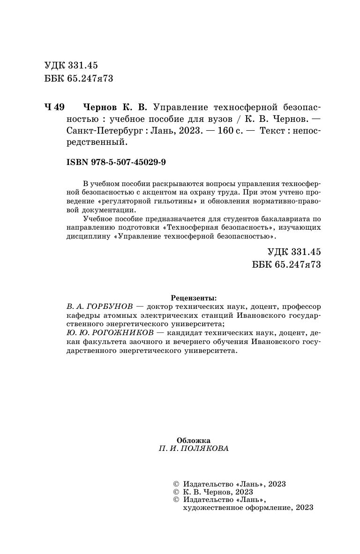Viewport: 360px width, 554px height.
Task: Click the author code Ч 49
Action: coord(54,107)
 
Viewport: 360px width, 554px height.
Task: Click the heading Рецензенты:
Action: coord(194,298)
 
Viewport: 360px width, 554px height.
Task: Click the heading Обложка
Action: coord(194,440)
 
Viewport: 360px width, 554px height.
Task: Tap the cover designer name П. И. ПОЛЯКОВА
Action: coord(194,449)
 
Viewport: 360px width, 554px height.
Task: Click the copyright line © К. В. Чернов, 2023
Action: coord(213,492)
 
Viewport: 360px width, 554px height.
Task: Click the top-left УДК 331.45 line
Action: coord(71,66)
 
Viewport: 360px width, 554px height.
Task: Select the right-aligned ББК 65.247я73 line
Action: coord(286,265)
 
